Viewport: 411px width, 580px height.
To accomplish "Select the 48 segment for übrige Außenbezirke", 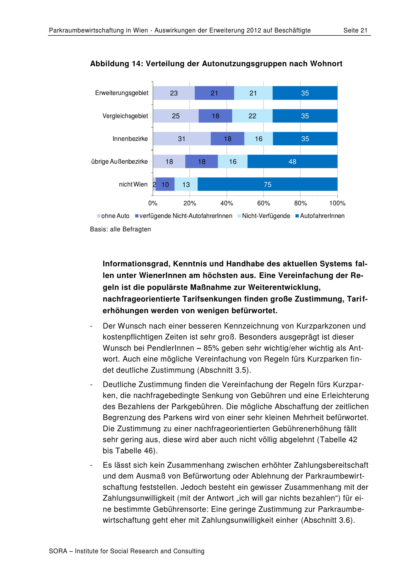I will (292, 161).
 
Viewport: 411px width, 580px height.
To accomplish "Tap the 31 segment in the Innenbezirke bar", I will (181, 139).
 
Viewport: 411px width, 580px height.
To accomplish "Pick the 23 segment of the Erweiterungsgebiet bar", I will (174, 93).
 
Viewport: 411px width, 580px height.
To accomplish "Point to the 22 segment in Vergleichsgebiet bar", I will (252, 116).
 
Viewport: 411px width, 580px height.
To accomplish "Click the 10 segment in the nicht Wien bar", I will (165, 184).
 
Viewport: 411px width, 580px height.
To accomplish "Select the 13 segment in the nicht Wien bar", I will (186, 184).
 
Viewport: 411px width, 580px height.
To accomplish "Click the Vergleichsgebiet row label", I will (125, 116).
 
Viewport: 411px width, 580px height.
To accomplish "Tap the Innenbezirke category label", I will (130, 139).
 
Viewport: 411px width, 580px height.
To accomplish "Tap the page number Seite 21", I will (355, 31).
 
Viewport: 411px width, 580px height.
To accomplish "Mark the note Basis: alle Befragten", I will (120, 229).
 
